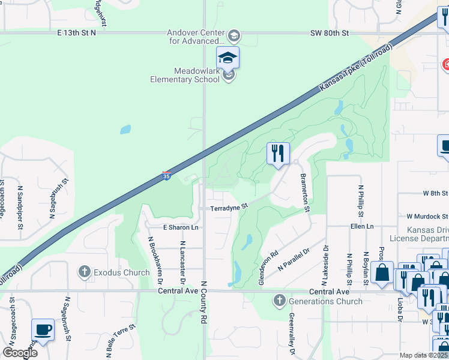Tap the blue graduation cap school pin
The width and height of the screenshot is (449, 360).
228,58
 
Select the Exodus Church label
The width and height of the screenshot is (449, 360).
122,272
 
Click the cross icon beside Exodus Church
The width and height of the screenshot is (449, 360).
85,272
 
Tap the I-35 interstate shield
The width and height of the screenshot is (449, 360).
166,175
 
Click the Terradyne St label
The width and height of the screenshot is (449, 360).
229,208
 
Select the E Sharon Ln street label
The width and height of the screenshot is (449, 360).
181,228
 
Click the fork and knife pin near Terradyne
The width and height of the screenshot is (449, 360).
278,154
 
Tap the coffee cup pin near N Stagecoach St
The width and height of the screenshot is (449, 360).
43,330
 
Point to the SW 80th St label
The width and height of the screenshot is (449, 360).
330,33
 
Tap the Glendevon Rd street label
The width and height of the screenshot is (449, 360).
268,259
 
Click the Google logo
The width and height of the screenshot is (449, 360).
19,353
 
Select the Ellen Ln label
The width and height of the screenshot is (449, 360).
362,226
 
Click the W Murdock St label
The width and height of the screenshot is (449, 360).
427,215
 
